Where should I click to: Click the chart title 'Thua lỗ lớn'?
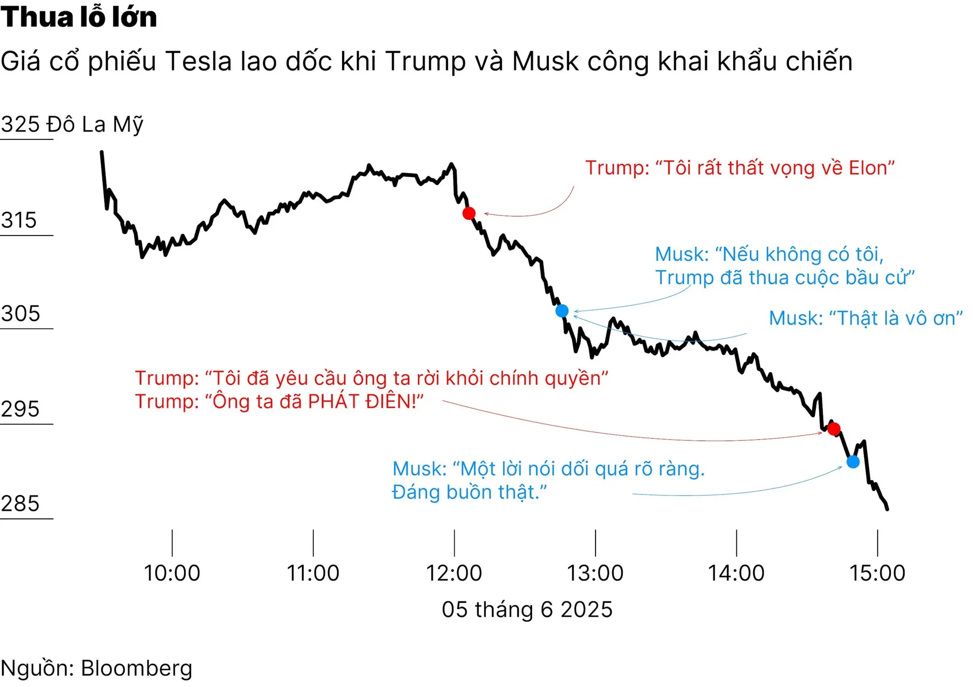79,17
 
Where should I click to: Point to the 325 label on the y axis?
20,124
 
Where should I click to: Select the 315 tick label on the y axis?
19,220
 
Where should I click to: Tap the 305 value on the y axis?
20,314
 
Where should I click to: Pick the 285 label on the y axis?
20,504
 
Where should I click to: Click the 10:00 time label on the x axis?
172,573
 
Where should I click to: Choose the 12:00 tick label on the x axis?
454,573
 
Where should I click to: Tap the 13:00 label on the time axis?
595,573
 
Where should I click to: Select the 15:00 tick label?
877,573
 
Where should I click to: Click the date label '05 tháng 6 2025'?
527,609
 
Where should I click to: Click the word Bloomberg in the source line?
137,668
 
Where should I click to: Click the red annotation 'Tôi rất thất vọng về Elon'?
740,168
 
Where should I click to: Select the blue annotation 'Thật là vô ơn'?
866,318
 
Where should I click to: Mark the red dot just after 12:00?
469,213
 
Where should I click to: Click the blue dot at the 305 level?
562,311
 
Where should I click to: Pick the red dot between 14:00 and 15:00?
834,429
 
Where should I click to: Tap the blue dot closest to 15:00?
853,462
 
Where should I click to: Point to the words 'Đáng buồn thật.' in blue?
469,492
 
